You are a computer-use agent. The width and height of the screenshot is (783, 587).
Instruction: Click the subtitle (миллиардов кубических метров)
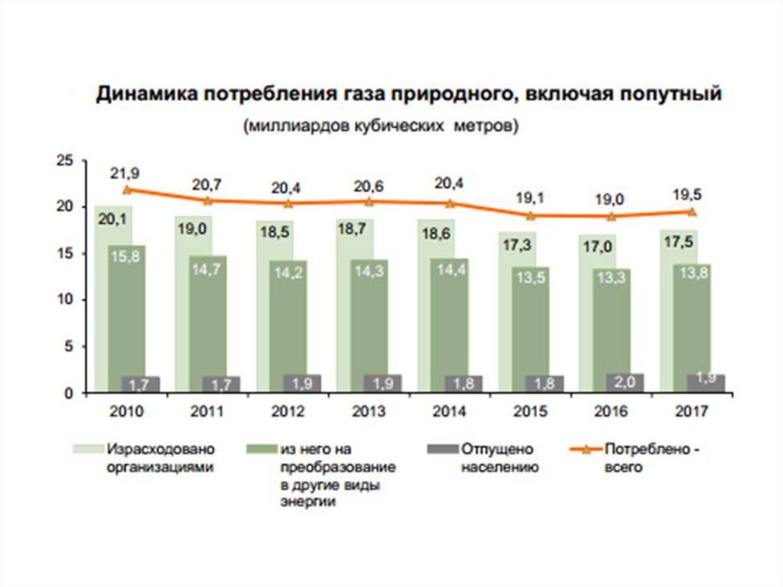click(381, 126)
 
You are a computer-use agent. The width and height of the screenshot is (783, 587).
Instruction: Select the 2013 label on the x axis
click(369, 411)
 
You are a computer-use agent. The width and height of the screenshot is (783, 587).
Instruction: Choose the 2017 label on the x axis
click(693, 411)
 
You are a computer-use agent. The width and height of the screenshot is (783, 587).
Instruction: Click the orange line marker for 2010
click(126, 189)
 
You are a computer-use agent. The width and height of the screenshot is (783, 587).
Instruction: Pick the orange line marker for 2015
click(531, 215)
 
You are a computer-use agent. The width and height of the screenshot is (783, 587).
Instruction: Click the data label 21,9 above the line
click(126, 173)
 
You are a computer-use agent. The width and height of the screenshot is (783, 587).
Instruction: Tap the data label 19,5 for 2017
click(693, 194)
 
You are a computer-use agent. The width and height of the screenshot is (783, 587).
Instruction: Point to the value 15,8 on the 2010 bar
click(126, 257)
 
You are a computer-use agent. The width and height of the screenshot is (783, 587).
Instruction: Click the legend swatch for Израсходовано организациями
click(87, 448)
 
